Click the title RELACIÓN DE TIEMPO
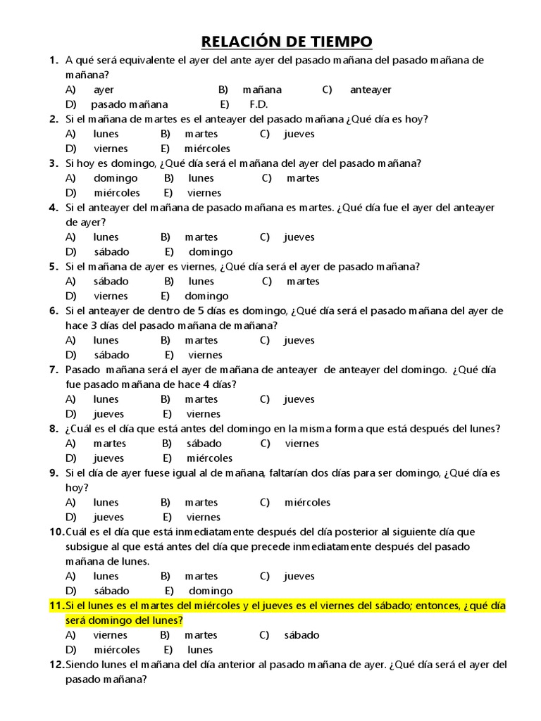[x=287, y=42]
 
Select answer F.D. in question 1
[x=259, y=104]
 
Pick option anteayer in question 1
[x=371, y=89]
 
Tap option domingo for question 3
[x=116, y=178]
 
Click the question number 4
[x=54, y=208]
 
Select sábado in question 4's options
[x=111, y=251]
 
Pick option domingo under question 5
[x=206, y=296]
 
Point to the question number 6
[x=54, y=311]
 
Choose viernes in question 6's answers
[x=205, y=355]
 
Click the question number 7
[x=54, y=370]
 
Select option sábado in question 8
[x=204, y=444]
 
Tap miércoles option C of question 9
[x=307, y=503]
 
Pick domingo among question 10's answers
[x=211, y=591]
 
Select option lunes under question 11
[x=200, y=650]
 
